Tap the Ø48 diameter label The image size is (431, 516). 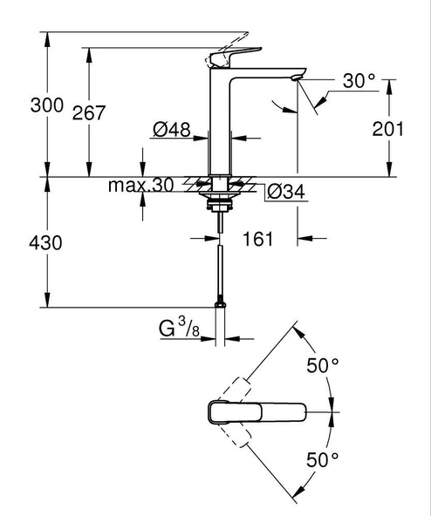tap(172, 130)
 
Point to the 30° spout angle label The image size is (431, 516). tap(359, 83)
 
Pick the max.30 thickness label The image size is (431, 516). tap(141, 186)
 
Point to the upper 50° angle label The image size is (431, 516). tap(322, 366)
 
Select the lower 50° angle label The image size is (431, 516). tap(322, 460)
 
